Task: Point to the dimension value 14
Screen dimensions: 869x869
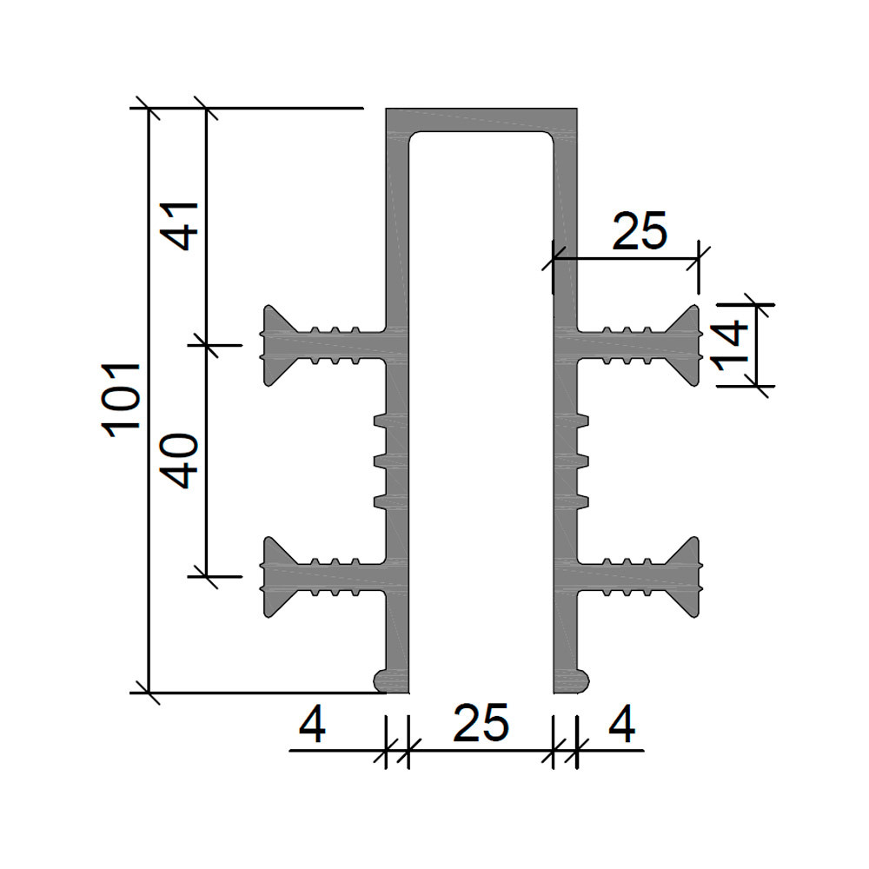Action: point(732,346)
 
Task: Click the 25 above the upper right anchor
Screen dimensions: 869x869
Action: point(639,231)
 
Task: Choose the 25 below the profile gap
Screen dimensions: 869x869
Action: point(481,723)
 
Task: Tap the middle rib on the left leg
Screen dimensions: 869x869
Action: point(381,461)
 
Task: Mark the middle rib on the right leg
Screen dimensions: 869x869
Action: point(582,461)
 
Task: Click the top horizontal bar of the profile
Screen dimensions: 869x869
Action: point(481,120)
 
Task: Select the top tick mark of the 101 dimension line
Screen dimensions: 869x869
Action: point(148,108)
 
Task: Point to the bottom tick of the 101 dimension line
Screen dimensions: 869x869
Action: point(148,693)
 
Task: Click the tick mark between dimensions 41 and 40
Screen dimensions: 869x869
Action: point(206,345)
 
